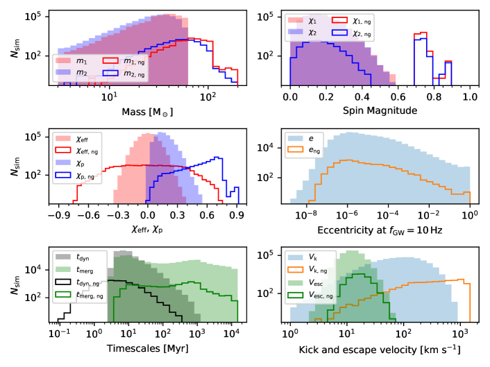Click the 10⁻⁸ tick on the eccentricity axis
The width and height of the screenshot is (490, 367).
(305, 214)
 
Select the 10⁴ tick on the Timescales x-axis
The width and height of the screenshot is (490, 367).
(232, 334)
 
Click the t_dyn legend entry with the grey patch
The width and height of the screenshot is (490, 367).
(86, 258)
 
